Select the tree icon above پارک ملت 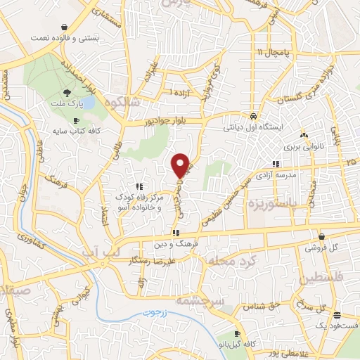click(67, 92)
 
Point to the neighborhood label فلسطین click(328, 279)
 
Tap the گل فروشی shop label click(322, 248)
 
